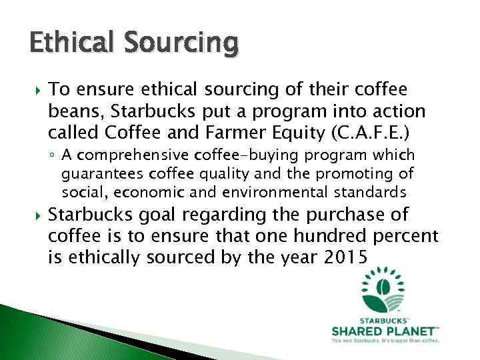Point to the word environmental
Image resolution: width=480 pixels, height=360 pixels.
click(289, 193)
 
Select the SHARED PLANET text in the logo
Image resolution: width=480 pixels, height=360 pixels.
click(385, 331)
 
